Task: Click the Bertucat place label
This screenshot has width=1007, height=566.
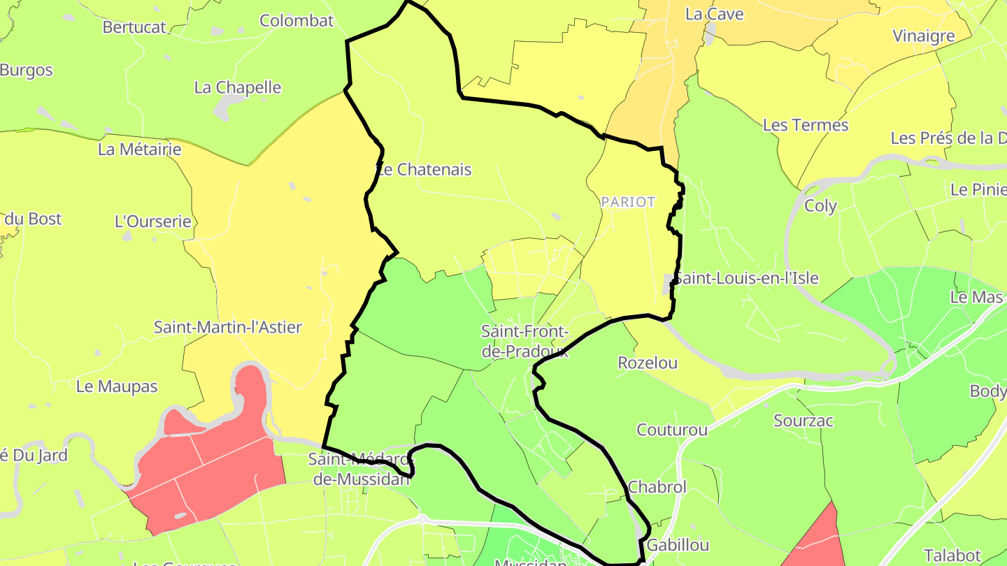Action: [x=134, y=27]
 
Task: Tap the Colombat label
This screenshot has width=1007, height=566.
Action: [x=297, y=21]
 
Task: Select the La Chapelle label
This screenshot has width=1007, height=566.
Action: [x=238, y=88]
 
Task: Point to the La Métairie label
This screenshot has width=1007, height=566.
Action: [x=139, y=150]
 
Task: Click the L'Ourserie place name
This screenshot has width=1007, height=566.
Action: [x=152, y=222]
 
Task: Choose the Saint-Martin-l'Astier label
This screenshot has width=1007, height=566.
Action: [x=228, y=327]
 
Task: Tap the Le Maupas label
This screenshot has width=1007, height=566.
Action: [x=117, y=386]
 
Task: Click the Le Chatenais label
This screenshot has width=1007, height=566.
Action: [x=424, y=170]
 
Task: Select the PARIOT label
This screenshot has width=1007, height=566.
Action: [x=628, y=202]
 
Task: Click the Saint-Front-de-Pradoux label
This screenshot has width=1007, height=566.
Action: [x=525, y=341]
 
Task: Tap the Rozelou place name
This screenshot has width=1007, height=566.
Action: [x=648, y=363]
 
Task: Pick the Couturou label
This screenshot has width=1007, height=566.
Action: [x=672, y=430]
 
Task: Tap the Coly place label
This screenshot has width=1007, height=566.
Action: [x=820, y=206]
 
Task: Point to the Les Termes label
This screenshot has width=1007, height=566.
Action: [x=806, y=125]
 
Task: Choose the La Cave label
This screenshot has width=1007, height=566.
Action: [x=714, y=14]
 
